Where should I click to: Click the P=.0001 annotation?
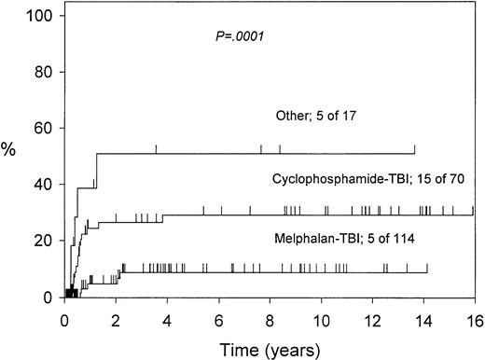pos(240,38)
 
